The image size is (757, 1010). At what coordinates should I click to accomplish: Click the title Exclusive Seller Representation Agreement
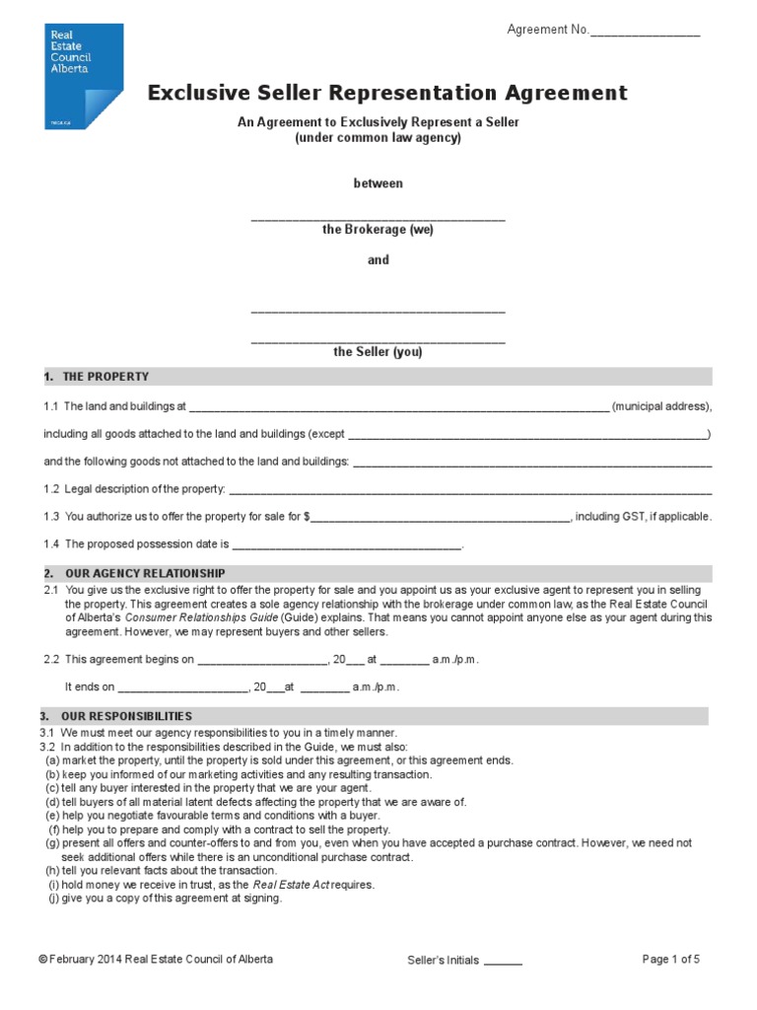pos(387,93)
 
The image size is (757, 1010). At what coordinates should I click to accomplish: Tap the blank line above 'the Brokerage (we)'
pos(378,216)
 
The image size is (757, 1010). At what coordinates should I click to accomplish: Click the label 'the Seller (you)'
pos(378,351)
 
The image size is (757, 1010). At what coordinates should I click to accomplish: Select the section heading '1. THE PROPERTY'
pos(97,377)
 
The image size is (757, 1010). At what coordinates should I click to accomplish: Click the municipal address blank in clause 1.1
pos(398,406)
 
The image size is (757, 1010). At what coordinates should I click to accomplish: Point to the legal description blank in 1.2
pos(469,489)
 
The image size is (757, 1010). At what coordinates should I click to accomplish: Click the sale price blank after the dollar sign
pos(441,517)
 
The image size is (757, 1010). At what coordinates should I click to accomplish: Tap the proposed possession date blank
pos(346,544)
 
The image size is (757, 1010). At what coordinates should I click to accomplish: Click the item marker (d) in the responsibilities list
pos(52,802)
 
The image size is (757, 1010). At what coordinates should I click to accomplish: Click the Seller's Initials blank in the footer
pos(503,962)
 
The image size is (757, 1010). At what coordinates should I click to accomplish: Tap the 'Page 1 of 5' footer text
pos(671,960)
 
